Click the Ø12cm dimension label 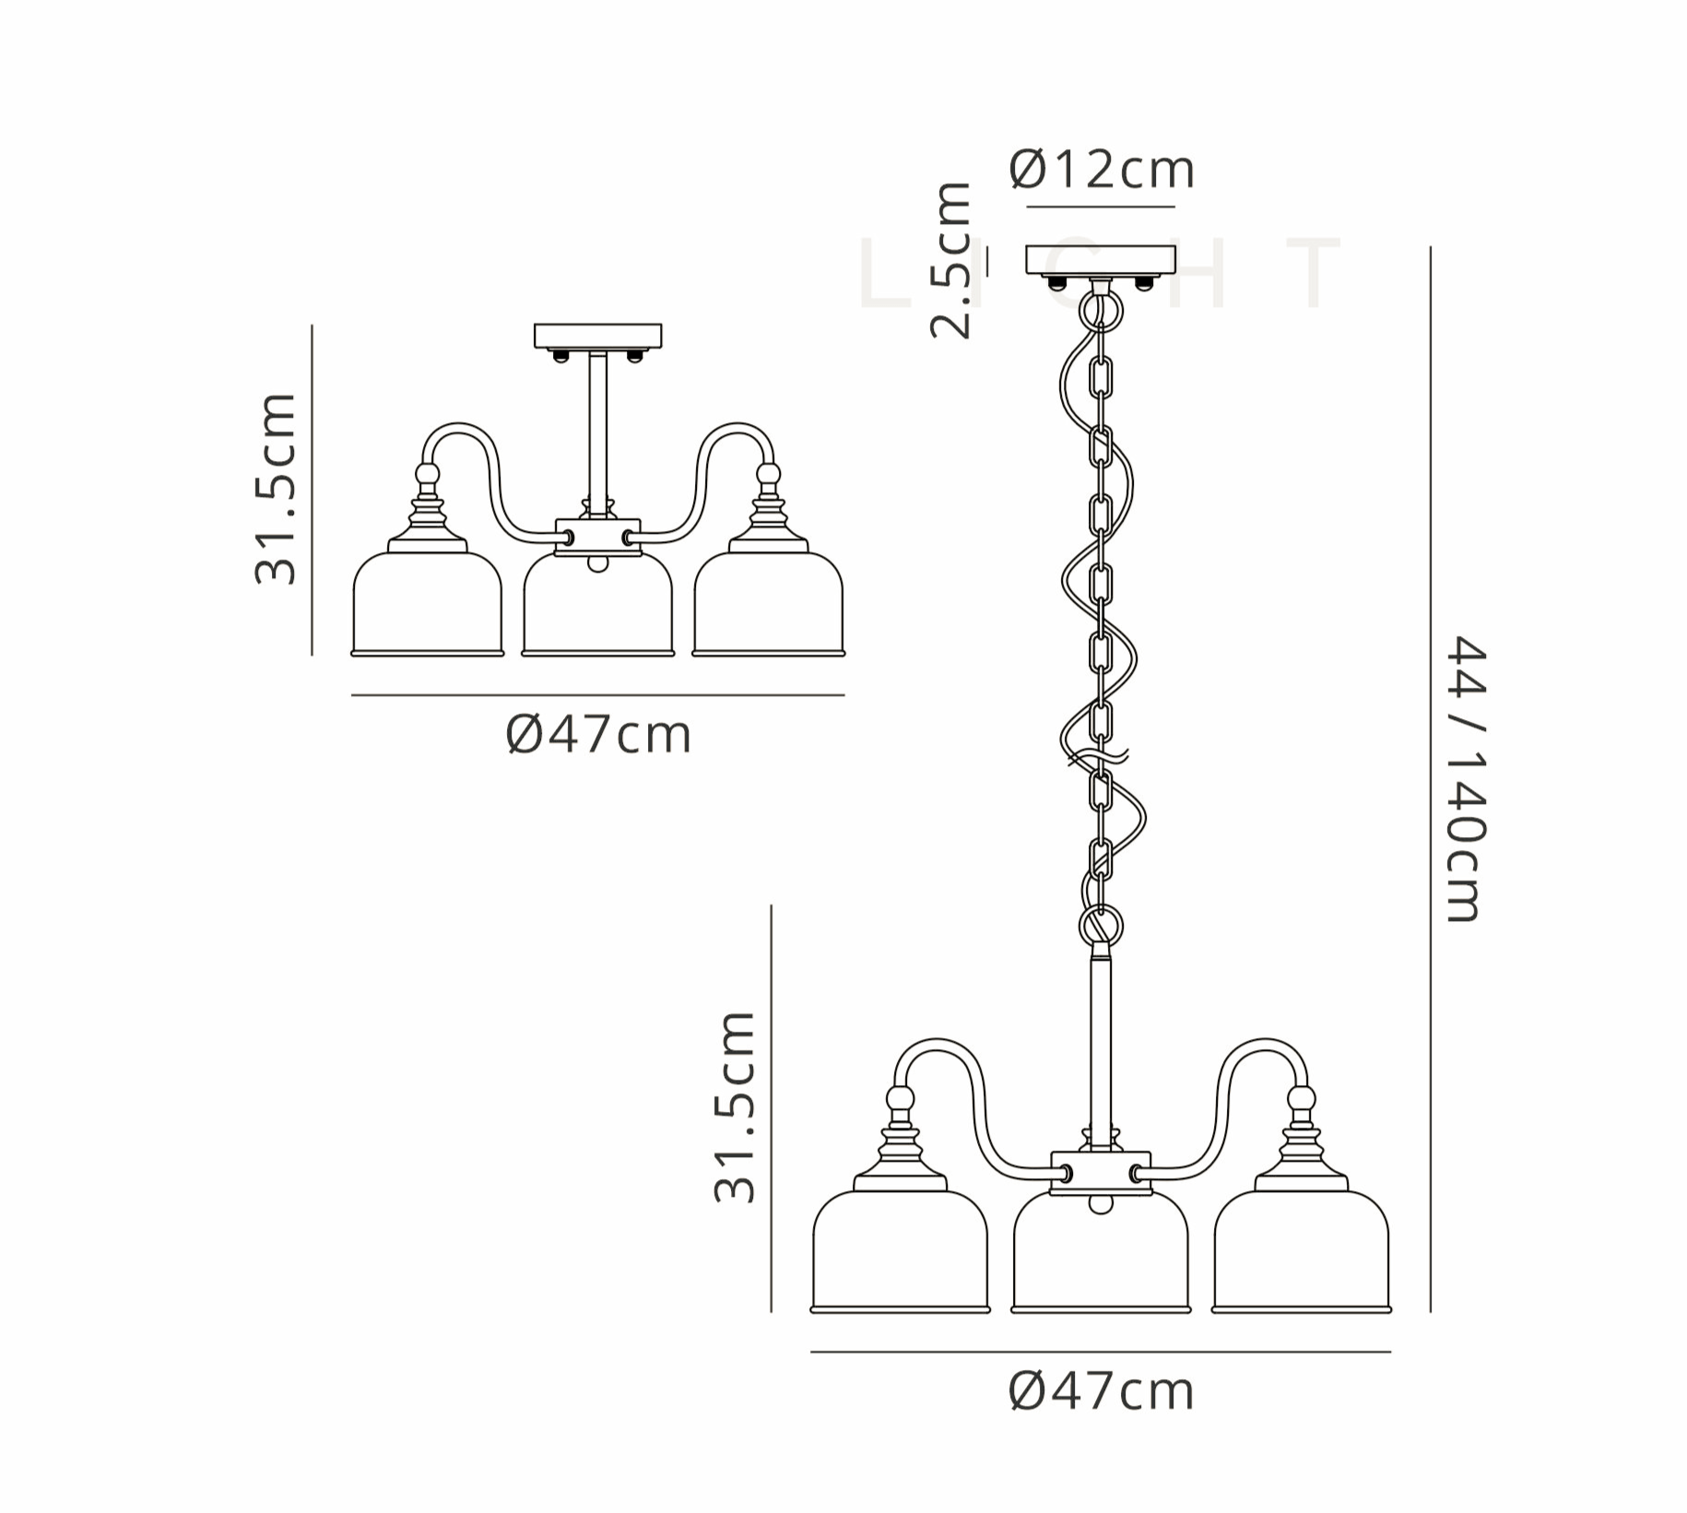1101,171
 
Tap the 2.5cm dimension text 951,262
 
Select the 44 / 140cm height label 1465,778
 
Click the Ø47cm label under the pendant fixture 1101,1391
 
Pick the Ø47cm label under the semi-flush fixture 598,735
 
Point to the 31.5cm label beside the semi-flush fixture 276,489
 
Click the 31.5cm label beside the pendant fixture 735,1107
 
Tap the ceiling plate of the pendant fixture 1101,259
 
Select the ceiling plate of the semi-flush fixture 598,336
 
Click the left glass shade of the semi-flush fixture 428,604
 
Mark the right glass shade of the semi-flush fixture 768,604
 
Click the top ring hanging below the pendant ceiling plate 1101,310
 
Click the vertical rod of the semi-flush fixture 597,433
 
